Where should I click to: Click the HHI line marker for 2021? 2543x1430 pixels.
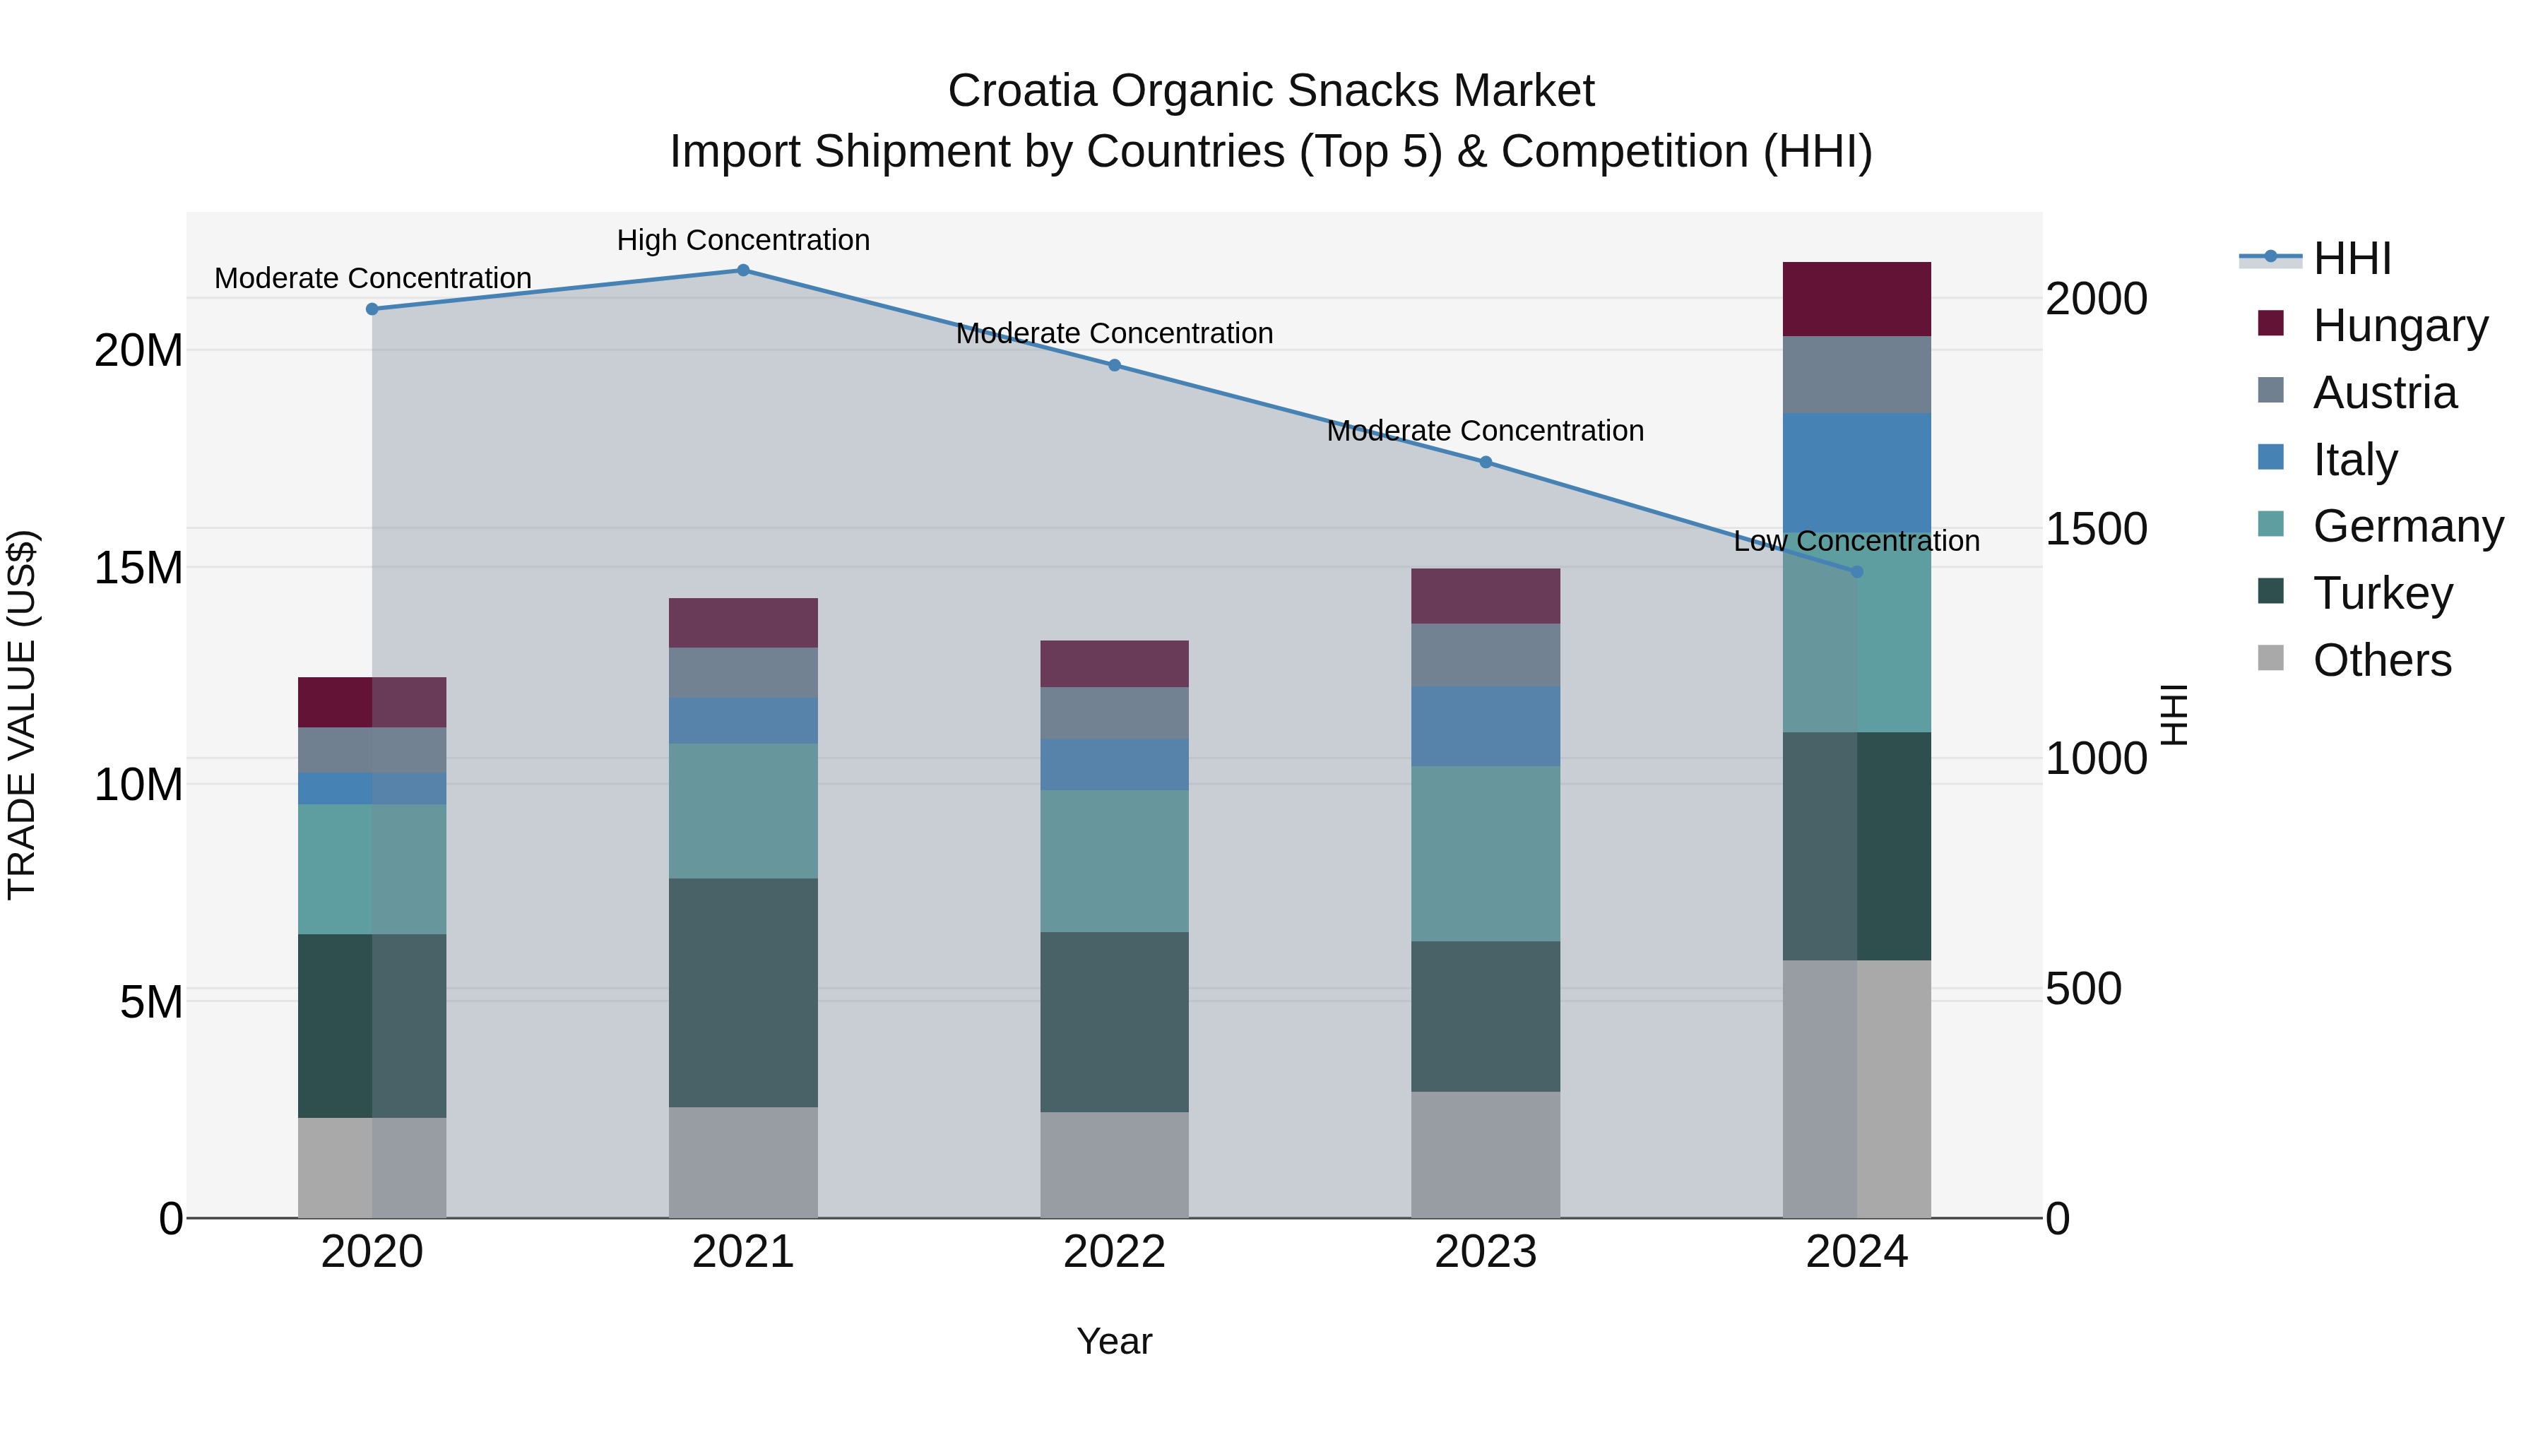[743, 270]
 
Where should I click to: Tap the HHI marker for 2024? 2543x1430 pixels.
[1857, 571]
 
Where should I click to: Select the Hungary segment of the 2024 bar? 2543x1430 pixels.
[1857, 299]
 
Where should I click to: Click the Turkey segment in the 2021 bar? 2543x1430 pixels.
[743, 992]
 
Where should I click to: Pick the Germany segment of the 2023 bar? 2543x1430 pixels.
[1486, 854]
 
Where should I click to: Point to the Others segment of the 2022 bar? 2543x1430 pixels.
[1115, 1164]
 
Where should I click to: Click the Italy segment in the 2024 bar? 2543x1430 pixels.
[1857, 474]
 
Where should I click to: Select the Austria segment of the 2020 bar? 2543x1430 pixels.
[372, 750]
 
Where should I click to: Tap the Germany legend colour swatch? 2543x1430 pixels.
[2270, 525]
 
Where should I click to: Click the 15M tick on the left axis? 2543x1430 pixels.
[138, 568]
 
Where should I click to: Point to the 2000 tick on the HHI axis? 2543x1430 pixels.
[2096, 299]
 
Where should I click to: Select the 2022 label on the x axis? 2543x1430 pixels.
[1115, 1252]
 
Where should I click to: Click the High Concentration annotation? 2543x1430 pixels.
[743, 240]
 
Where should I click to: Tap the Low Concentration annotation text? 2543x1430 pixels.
[1857, 541]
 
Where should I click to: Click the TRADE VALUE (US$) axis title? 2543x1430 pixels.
[22, 715]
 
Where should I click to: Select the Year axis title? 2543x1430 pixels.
[1115, 1341]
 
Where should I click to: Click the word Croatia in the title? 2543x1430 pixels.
[1023, 91]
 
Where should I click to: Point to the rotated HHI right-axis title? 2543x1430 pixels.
[2175, 715]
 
